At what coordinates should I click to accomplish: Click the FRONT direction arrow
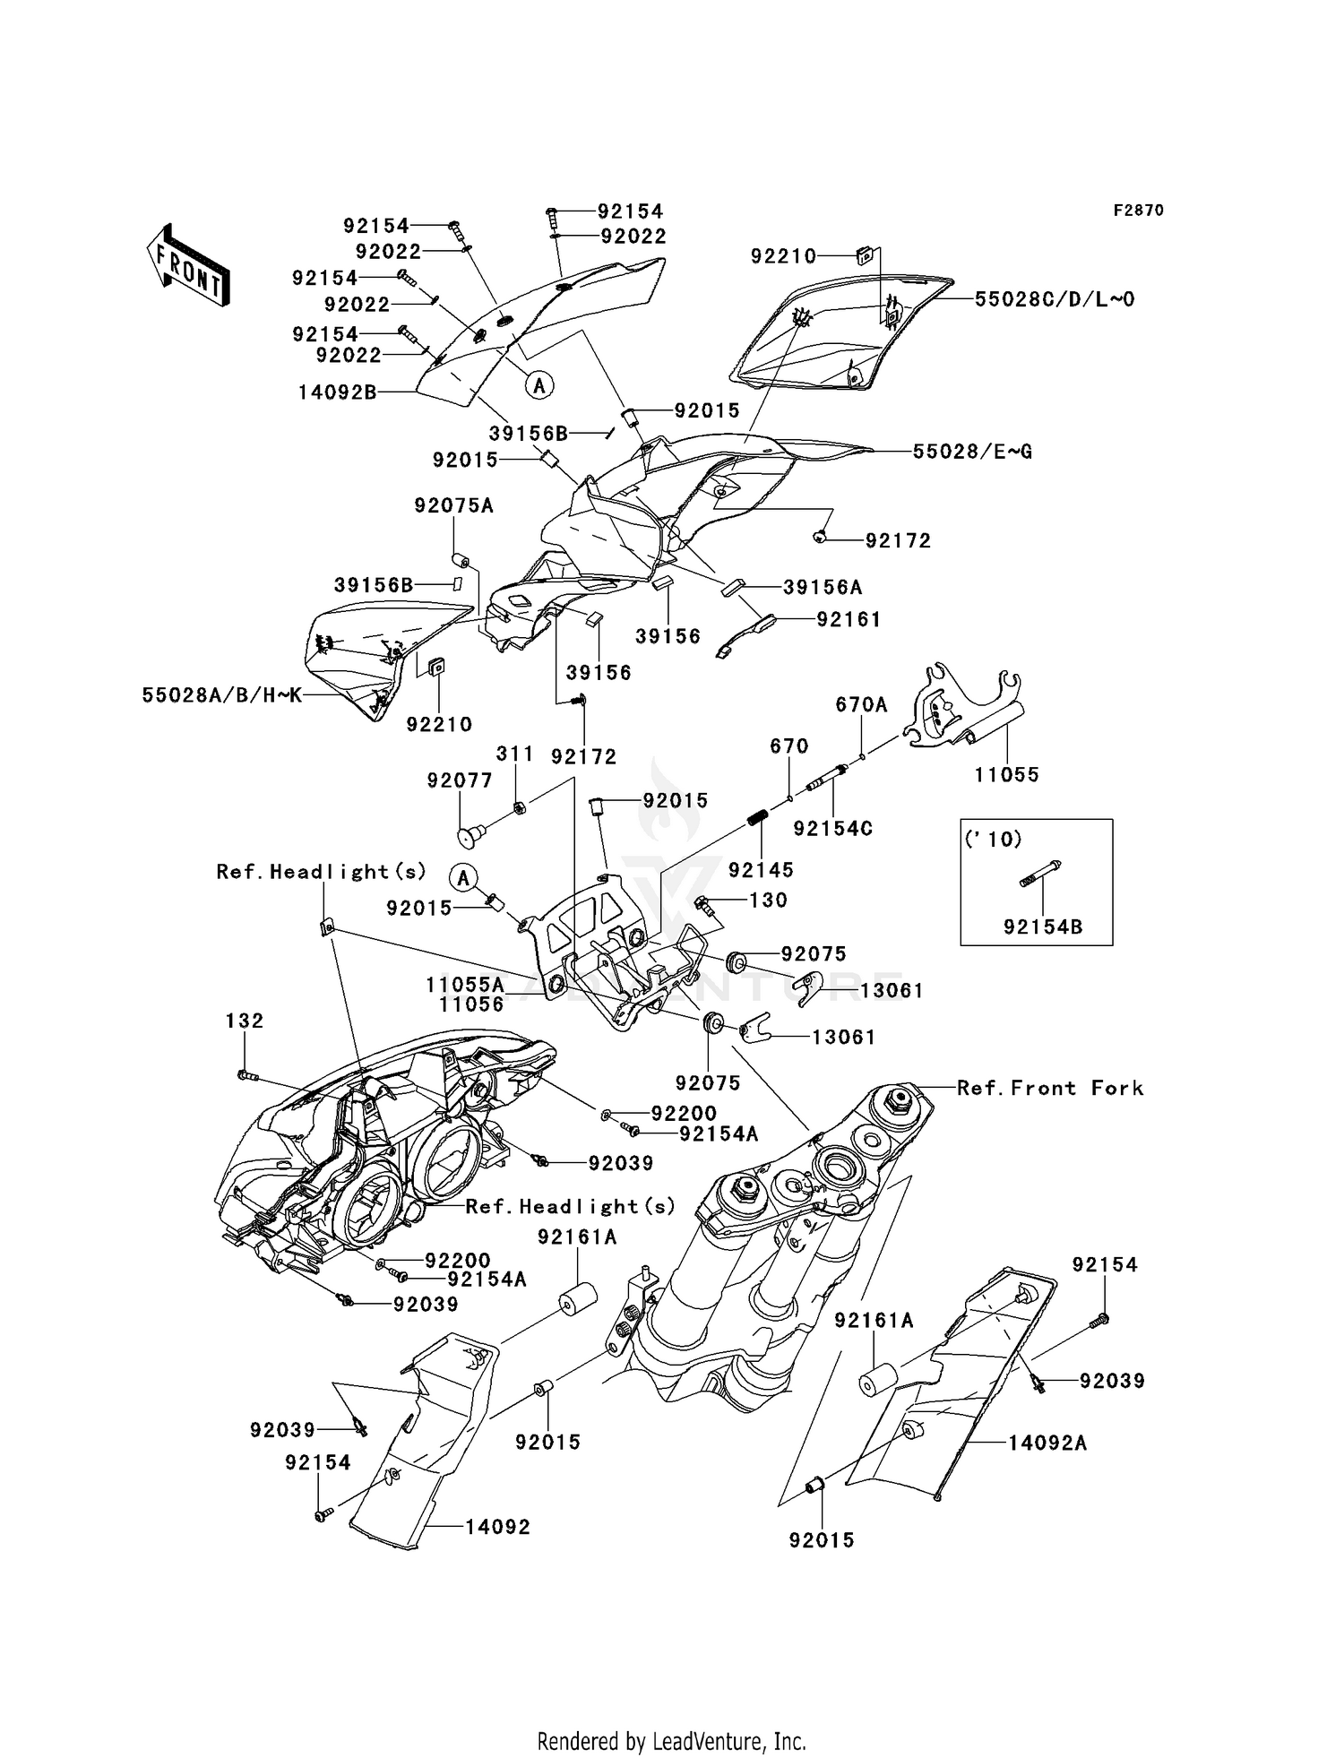click(189, 265)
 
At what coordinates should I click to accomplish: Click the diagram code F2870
click(1138, 211)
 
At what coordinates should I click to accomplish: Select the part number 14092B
click(338, 392)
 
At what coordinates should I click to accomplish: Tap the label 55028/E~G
click(972, 452)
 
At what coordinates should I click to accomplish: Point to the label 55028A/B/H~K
click(221, 694)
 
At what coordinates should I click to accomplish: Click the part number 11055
click(1007, 774)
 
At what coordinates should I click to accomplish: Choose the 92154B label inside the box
click(1043, 927)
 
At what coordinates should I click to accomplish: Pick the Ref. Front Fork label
click(1050, 1088)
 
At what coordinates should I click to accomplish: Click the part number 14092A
click(1047, 1443)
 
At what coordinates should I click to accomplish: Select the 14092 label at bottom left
click(497, 1527)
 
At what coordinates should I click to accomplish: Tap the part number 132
click(245, 1021)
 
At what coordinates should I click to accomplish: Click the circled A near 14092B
click(539, 385)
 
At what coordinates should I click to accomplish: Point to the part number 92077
click(460, 780)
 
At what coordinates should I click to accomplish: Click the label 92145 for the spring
click(761, 869)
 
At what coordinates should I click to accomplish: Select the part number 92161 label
click(849, 619)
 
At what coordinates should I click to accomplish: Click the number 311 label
click(515, 754)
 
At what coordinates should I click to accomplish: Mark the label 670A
click(861, 705)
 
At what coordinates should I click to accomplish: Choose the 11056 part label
click(471, 1004)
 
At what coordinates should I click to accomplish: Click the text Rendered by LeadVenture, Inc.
click(671, 1741)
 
